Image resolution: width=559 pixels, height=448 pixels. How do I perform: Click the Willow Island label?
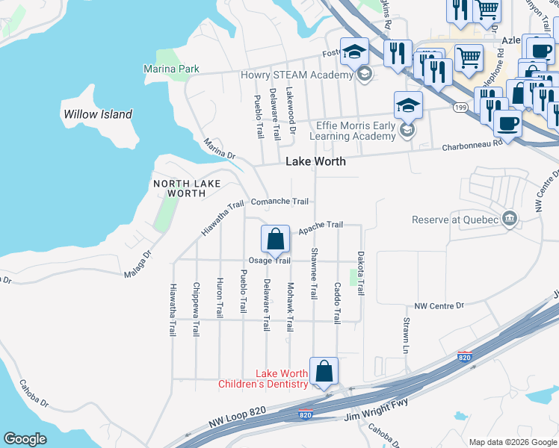coord(98,114)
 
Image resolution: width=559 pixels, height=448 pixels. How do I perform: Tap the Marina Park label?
coord(171,69)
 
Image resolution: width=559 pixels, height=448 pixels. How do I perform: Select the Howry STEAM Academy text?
coord(296,75)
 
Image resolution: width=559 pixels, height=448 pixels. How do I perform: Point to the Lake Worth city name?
coord(314,162)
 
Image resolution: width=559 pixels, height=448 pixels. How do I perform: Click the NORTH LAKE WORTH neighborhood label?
coord(179,188)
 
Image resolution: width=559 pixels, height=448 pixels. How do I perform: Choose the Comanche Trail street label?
coord(279,202)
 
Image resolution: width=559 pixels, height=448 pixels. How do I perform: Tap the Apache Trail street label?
coord(321,225)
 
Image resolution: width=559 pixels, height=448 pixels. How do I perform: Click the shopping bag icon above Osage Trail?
coord(275,240)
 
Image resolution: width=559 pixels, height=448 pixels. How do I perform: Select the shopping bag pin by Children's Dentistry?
coord(324,371)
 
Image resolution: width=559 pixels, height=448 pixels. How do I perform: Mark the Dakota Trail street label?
coord(359,273)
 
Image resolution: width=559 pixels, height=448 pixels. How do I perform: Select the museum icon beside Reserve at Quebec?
coord(510,218)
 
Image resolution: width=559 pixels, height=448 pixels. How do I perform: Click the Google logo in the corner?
coord(25,439)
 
